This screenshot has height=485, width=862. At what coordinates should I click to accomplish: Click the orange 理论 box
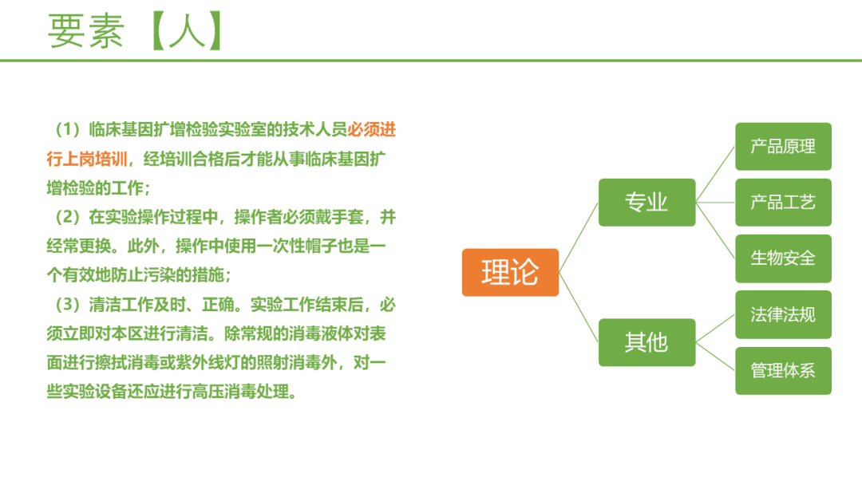click(x=510, y=273)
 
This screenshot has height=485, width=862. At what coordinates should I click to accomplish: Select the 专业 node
click(x=647, y=202)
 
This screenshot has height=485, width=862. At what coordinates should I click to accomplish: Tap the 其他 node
click(x=647, y=342)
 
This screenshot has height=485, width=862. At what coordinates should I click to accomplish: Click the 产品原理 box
click(x=784, y=147)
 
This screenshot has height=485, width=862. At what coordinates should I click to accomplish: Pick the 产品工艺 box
click(x=784, y=202)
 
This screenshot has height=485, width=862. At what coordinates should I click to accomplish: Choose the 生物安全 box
click(x=784, y=258)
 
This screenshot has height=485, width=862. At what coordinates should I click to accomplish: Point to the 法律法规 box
click(x=784, y=315)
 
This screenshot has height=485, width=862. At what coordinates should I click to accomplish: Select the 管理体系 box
click(x=784, y=371)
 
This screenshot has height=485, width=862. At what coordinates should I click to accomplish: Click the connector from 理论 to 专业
click(x=579, y=237)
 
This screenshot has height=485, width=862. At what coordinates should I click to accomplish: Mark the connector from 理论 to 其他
click(x=579, y=308)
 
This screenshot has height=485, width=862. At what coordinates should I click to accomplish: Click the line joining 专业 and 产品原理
click(x=715, y=175)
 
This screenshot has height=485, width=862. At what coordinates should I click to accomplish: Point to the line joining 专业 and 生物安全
click(x=715, y=231)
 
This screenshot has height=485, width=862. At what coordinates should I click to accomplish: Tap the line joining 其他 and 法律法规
click(x=715, y=329)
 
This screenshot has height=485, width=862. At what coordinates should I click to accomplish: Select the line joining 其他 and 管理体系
click(x=715, y=357)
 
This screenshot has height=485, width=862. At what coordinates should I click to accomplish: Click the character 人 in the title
click(x=187, y=31)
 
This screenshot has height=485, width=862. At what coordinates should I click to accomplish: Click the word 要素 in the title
click(x=86, y=31)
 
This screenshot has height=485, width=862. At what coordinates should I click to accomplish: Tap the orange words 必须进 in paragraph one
click(x=372, y=130)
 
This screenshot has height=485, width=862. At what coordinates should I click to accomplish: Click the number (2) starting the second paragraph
click(x=68, y=217)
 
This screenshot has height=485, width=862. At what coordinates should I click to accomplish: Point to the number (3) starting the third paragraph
click(x=68, y=304)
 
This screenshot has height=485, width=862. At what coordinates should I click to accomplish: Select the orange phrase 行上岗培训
click(x=87, y=159)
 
